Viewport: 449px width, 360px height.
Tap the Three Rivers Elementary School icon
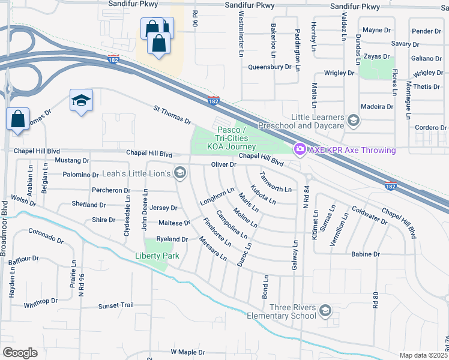coord(325,310)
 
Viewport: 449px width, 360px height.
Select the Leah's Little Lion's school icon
coord(179,173)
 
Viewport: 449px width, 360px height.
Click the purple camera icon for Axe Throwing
coord(298,149)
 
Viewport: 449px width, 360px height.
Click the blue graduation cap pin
coord(81,101)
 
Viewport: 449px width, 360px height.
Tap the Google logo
coord(20,352)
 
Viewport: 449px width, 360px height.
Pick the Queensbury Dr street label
coord(270,67)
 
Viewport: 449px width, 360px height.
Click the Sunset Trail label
coord(116,305)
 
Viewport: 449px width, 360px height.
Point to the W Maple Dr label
coord(188,352)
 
